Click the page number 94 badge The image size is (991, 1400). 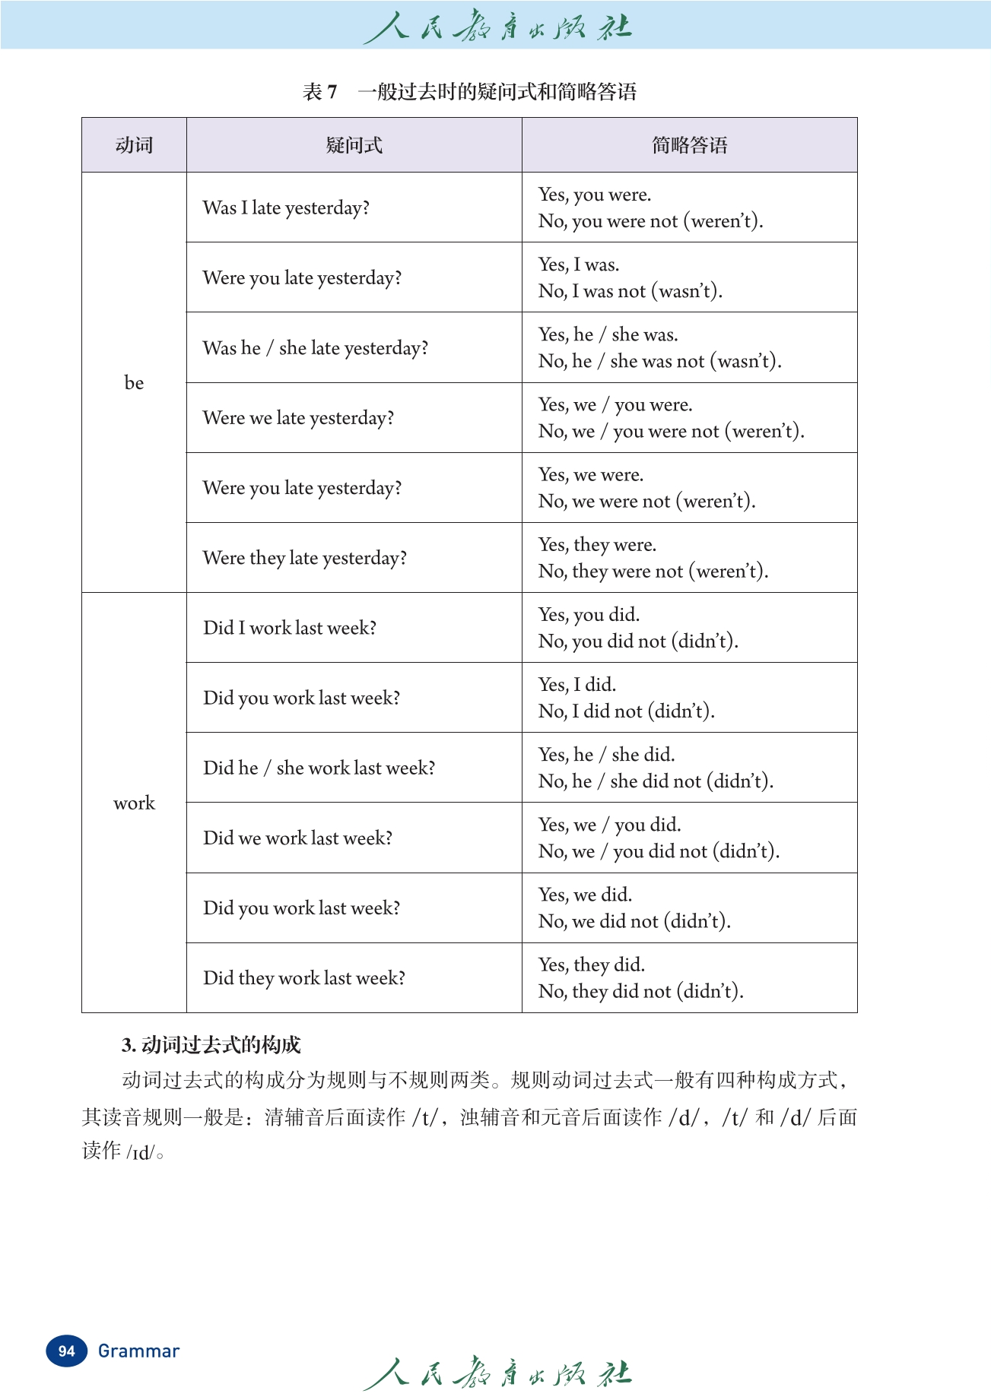click(66, 1351)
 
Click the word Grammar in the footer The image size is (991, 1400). click(138, 1351)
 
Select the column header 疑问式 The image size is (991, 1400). click(354, 145)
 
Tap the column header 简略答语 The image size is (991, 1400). click(689, 145)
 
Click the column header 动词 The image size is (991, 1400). click(134, 145)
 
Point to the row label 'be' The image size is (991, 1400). click(134, 382)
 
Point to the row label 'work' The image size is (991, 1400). click(134, 803)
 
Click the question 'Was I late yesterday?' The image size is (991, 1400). click(286, 207)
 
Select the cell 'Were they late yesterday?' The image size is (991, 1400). click(304, 558)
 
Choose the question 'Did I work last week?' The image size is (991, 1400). click(290, 628)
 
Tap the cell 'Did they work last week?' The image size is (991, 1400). click(304, 977)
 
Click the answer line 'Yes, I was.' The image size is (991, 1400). click(579, 264)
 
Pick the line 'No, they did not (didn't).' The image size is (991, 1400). click(640, 991)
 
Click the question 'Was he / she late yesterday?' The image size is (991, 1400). click(315, 348)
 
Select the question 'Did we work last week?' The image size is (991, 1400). click(297, 838)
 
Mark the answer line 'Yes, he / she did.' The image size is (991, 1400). click(606, 755)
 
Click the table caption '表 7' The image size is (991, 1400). click(319, 92)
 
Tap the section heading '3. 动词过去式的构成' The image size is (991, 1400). click(211, 1045)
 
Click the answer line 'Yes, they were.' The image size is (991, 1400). click(597, 545)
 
